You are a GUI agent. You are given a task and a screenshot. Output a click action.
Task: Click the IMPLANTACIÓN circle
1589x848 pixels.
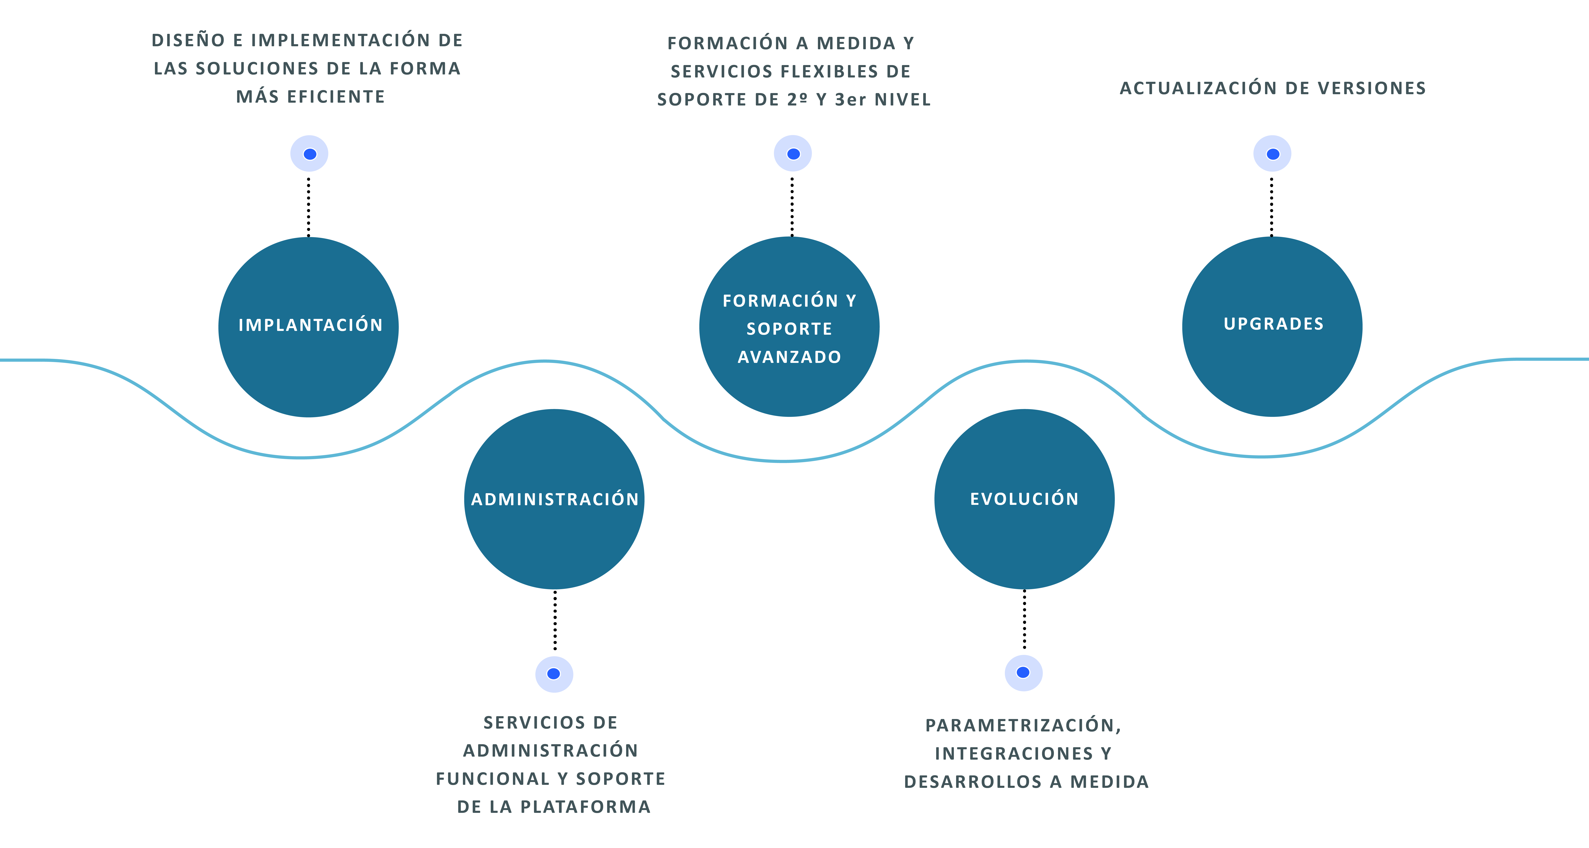308,327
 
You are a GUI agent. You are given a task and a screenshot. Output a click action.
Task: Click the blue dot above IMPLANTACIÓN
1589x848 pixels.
309,154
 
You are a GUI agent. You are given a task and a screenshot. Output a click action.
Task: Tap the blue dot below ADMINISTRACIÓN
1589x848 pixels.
554,674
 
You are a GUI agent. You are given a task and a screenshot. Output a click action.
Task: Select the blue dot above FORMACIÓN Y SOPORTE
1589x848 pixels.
793,154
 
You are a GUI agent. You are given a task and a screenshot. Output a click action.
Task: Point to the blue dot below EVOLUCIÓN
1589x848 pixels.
1023,673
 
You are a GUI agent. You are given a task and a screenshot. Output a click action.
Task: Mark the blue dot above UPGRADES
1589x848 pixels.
1272,154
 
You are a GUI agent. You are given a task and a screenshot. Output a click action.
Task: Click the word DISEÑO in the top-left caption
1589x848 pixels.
188,41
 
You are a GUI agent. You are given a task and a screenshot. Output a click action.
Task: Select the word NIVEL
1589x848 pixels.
903,100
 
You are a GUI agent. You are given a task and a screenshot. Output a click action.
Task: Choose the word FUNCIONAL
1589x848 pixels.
492,779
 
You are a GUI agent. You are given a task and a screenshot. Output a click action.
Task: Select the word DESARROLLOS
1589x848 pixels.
972,782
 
